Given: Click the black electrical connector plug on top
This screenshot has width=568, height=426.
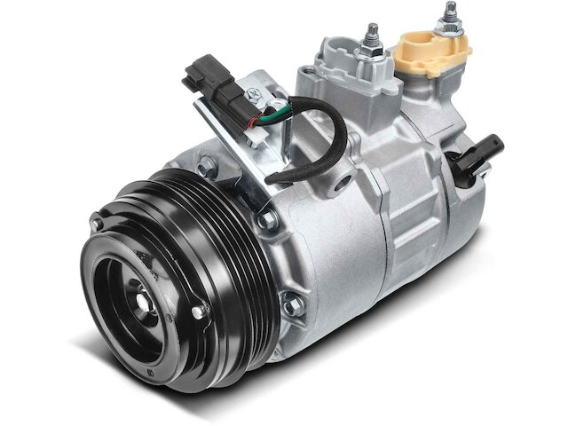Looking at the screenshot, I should tap(209, 76).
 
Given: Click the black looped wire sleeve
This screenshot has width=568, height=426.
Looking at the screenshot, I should tap(311, 142).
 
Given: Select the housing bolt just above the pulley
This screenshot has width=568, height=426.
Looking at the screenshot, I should tap(205, 165).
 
